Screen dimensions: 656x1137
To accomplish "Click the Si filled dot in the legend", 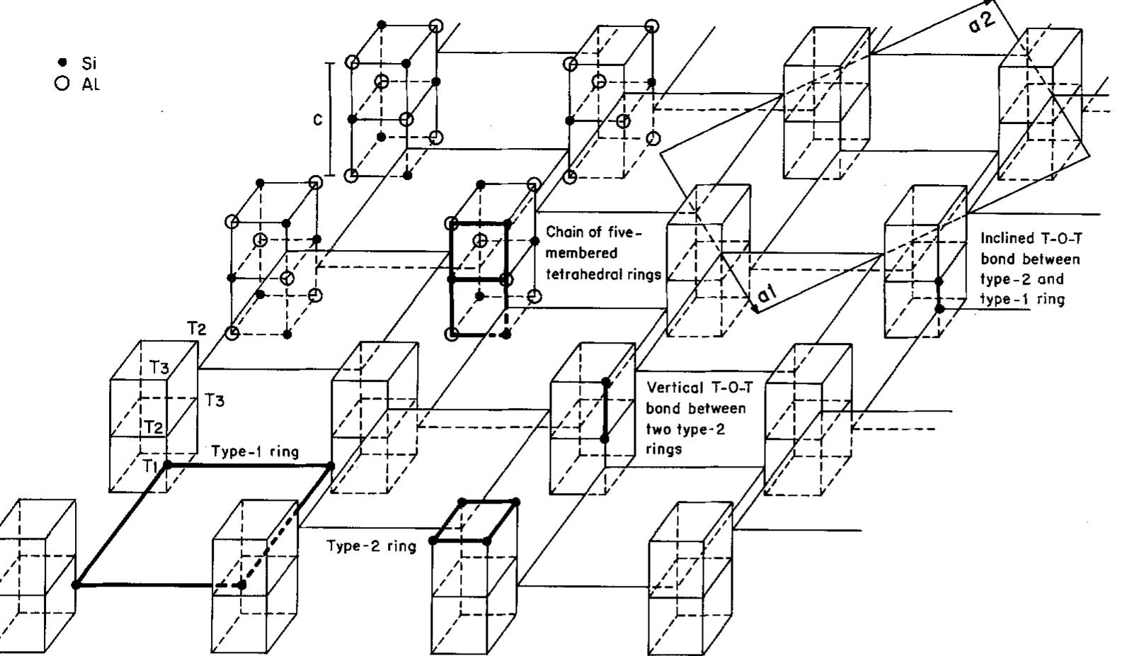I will coord(62,63).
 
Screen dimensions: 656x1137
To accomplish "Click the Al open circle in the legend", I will coord(62,84).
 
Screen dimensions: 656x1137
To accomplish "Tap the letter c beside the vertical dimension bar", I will coord(318,120).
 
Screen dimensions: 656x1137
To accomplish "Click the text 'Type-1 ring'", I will coord(255,451).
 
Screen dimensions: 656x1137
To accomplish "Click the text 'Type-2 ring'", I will coord(371,546).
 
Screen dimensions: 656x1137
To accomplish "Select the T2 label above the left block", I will coord(197,328).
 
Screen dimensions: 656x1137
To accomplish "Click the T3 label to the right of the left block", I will coord(215,400).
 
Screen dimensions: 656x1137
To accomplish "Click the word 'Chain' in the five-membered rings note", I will coord(562,233).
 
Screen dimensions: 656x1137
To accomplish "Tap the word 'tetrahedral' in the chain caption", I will coord(575,274).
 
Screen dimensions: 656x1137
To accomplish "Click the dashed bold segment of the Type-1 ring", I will coord(228,585).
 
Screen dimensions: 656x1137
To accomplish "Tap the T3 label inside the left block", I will coord(159,367).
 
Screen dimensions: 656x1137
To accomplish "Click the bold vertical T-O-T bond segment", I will coord(605,411).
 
